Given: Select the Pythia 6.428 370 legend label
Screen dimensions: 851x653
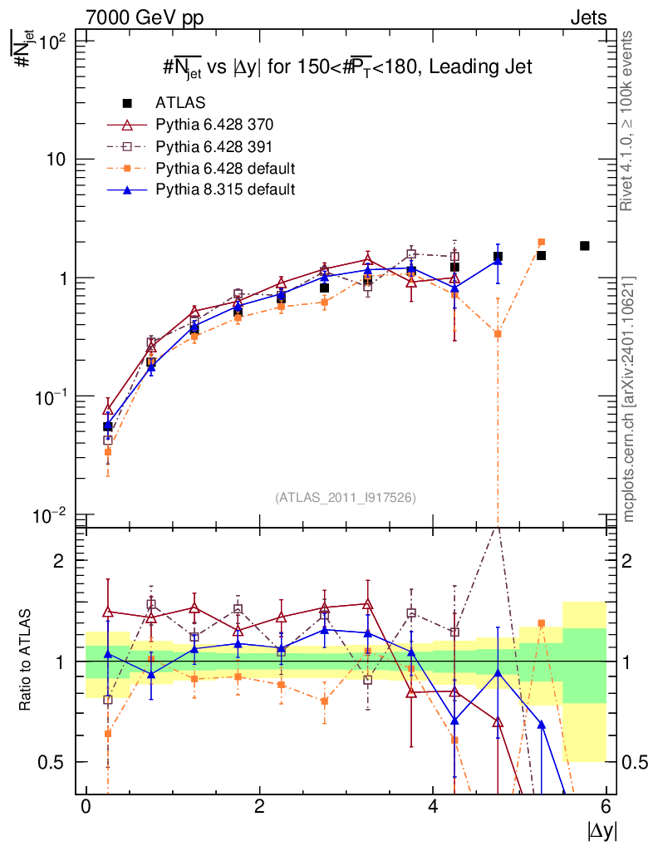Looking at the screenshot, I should pyautogui.click(x=214, y=125).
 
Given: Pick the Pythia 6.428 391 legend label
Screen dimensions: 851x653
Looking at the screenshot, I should pyautogui.click(x=214, y=147).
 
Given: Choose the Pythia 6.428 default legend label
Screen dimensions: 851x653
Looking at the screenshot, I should pyautogui.click(x=225, y=169).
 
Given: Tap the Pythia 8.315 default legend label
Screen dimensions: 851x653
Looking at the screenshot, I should pyautogui.click(x=225, y=189).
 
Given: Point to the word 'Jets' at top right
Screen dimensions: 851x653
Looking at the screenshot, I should pyautogui.click(x=587, y=17).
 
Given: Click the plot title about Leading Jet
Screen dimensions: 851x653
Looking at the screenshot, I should pyautogui.click(x=346, y=68).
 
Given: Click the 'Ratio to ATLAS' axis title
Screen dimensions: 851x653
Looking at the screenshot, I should pyautogui.click(x=27, y=662).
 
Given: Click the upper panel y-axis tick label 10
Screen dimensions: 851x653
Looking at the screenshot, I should pyautogui.click(x=54, y=159).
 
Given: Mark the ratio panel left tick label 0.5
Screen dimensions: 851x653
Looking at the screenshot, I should pyautogui.click(x=52, y=762).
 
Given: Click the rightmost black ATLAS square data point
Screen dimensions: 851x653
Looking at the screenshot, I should pyautogui.click(x=585, y=246).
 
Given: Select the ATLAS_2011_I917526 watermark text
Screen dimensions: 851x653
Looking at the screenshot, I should pyautogui.click(x=346, y=497).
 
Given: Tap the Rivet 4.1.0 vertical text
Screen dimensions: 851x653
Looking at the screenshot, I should pyautogui.click(x=629, y=121).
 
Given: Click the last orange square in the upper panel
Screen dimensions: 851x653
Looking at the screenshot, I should pyautogui.click(x=541, y=242).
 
